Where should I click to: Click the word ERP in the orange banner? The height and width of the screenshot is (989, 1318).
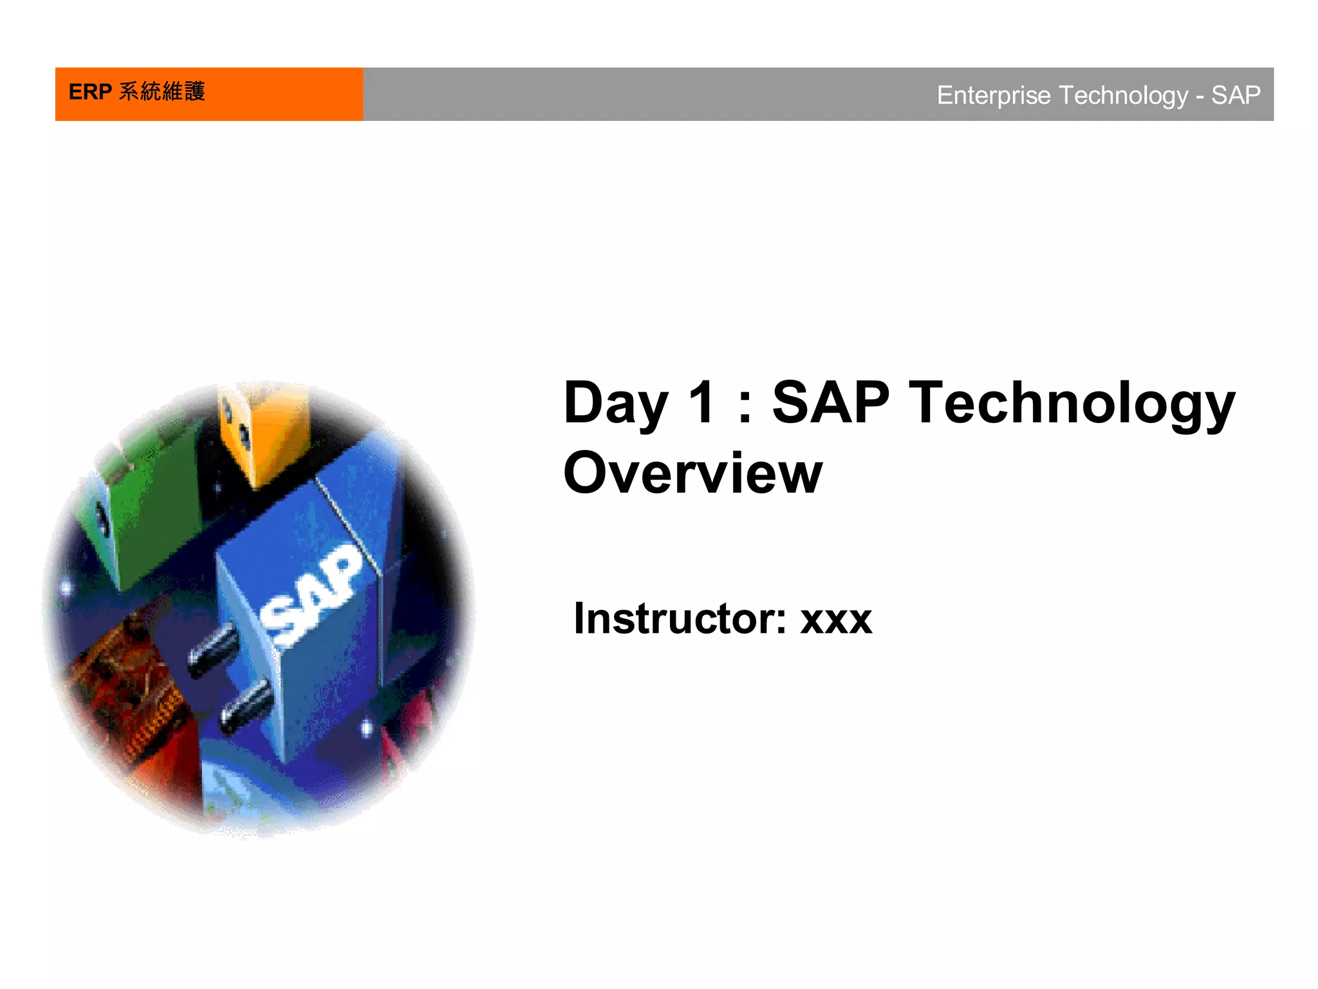pyautogui.click(x=90, y=92)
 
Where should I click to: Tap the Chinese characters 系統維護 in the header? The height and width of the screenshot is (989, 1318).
pyautogui.click(x=162, y=91)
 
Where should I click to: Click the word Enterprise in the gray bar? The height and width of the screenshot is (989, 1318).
pyautogui.click(x=993, y=95)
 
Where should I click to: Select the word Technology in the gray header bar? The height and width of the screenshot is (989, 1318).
pyautogui.click(x=1123, y=95)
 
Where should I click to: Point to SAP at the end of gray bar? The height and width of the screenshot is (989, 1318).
pyautogui.click(x=1236, y=95)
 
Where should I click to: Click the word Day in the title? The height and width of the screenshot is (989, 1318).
pyautogui.click(x=615, y=404)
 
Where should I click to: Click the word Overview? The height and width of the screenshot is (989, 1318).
pyautogui.click(x=692, y=473)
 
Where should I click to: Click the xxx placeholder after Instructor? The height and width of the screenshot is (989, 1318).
pyautogui.click(x=836, y=621)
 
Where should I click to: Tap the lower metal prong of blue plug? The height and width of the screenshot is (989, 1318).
pyautogui.click(x=245, y=705)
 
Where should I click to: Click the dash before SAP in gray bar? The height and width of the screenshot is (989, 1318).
pyautogui.click(x=1200, y=97)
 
